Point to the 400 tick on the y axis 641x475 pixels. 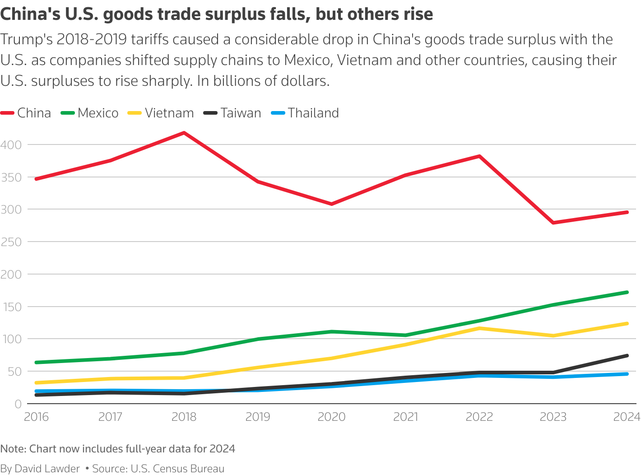(11, 145)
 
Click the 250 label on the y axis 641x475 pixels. (11, 242)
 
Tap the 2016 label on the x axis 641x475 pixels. (36, 417)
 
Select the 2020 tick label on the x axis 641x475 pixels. (331, 417)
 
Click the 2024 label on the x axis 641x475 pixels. (627, 417)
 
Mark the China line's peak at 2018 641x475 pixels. (184, 133)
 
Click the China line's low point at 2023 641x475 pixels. (553, 223)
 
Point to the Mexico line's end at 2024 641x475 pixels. (627, 292)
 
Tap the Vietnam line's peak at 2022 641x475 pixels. (479, 328)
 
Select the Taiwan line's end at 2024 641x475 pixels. (627, 356)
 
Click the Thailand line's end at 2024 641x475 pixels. (627, 374)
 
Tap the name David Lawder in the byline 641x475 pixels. (47, 469)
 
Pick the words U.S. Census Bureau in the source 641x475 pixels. (177, 469)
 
